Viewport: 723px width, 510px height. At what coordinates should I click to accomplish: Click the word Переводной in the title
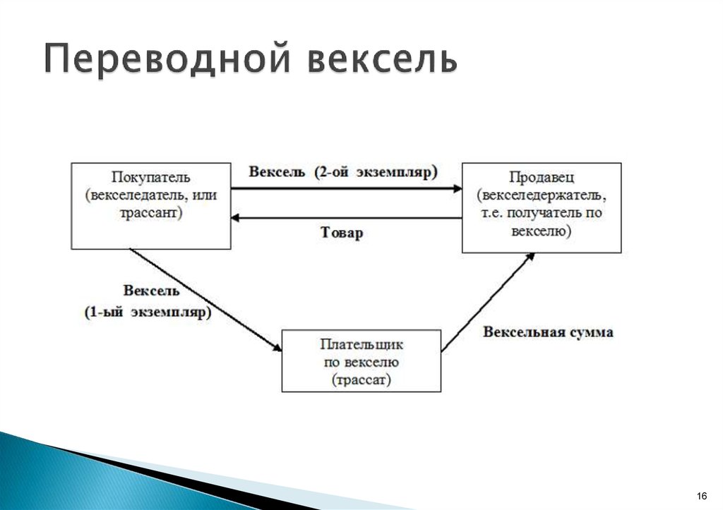(x=167, y=60)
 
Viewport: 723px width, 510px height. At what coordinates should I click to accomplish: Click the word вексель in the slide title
(x=382, y=60)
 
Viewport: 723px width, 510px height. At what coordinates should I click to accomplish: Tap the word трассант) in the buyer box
(x=150, y=212)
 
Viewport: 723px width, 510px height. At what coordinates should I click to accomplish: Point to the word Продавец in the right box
(x=542, y=178)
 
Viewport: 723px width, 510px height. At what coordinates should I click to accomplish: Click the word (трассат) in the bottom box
(x=361, y=380)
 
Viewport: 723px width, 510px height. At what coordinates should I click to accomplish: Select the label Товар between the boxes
(x=342, y=233)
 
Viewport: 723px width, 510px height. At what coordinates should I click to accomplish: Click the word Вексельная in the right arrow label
(x=520, y=332)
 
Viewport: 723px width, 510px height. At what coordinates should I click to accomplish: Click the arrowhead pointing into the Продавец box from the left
(x=457, y=188)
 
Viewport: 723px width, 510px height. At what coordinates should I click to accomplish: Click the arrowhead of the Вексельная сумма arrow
(x=530, y=258)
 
